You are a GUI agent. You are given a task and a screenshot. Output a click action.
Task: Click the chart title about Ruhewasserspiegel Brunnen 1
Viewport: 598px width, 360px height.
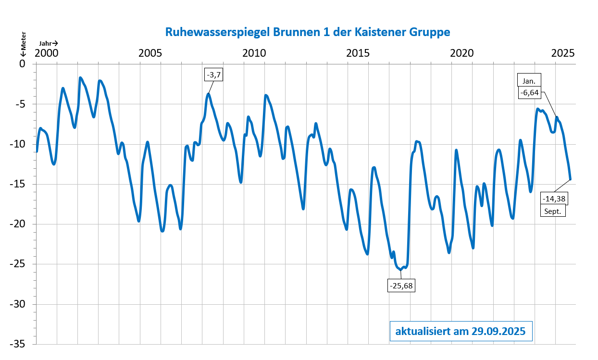pyautogui.click(x=308, y=32)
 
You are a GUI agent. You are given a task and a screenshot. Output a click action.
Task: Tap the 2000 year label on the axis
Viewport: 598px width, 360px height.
pyautogui.click(x=47, y=52)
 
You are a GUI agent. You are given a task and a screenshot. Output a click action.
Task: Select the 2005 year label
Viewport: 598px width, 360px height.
pyautogui.click(x=150, y=52)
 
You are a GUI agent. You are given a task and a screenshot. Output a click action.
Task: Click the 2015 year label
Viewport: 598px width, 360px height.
pyautogui.click(x=358, y=52)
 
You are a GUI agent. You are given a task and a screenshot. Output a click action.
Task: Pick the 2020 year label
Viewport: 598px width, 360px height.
pyautogui.click(x=461, y=52)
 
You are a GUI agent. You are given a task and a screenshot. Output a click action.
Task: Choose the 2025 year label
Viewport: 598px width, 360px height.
pyautogui.click(x=563, y=52)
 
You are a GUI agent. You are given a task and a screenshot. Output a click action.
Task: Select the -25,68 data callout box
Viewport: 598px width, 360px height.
pyautogui.click(x=401, y=286)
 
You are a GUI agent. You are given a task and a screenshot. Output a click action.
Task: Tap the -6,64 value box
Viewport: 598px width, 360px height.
pyautogui.click(x=530, y=93)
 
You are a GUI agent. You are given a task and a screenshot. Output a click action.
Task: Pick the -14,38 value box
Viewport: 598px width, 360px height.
pyautogui.click(x=554, y=199)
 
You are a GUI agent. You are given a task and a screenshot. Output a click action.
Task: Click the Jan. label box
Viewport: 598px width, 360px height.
pyautogui.click(x=530, y=81)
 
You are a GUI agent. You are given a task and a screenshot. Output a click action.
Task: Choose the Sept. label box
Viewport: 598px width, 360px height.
pyautogui.click(x=554, y=211)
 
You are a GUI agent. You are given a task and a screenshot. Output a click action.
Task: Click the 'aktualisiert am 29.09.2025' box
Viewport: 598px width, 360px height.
pyautogui.click(x=460, y=332)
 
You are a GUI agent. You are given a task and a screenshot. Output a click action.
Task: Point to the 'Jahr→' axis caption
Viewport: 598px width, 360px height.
pyautogui.click(x=49, y=43)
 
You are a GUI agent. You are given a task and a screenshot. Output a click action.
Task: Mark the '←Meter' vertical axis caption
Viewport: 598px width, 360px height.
pyautogui.click(x=23, y=44)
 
